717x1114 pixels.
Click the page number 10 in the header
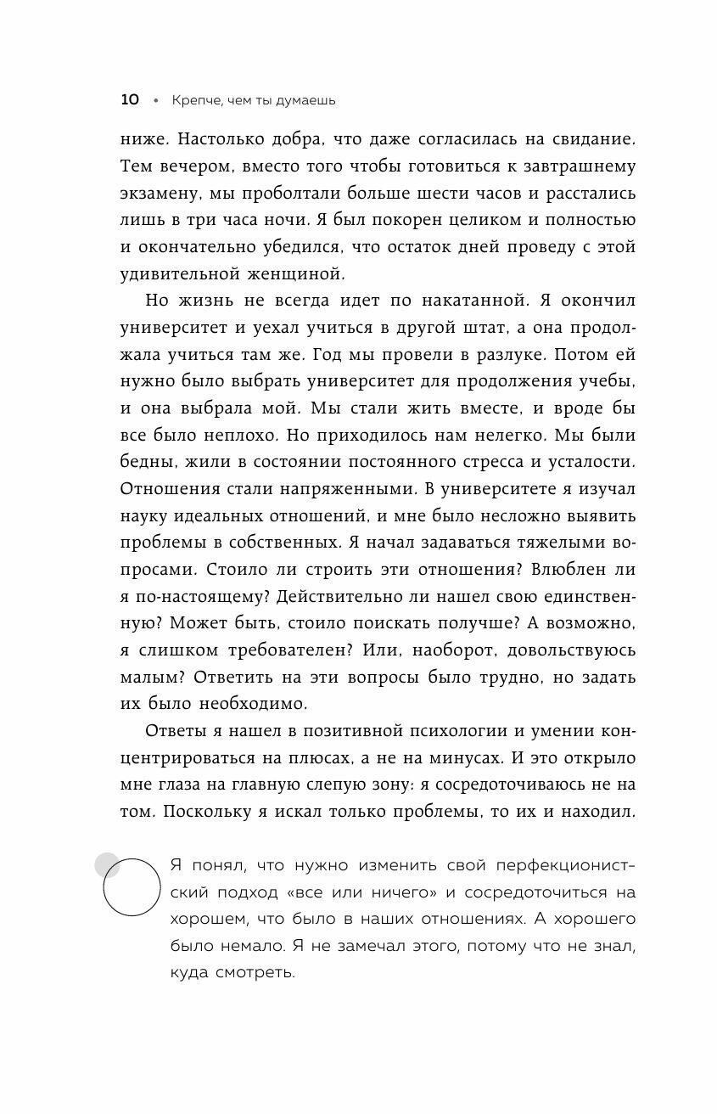click(x=130, y=100)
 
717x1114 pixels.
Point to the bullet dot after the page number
click(x=155, y=101)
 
